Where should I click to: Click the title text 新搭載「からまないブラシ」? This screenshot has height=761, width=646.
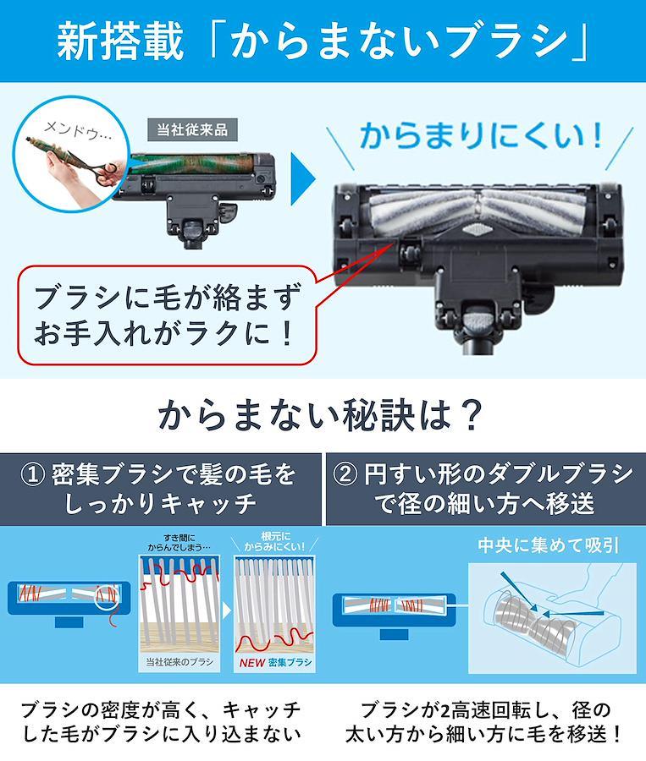coord(323,41)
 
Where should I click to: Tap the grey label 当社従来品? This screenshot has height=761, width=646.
coord(192,130)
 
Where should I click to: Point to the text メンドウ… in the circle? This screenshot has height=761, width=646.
coord(77,131)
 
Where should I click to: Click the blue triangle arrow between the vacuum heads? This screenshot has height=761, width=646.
coord(303,178)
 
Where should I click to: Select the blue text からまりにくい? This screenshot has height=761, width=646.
coord(481,135)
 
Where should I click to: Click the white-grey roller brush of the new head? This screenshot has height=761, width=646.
coord(476,211)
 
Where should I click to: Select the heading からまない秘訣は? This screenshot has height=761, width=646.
coord(320,415)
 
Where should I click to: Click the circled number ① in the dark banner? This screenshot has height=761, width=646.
coord(34,474)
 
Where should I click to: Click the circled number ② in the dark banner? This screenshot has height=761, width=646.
coord(345,474)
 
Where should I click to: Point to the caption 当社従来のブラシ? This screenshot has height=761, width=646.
coord(179,661)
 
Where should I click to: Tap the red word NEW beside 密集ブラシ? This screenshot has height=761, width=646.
coord(252,662)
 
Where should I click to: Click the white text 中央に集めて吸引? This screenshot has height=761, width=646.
coord(549,545)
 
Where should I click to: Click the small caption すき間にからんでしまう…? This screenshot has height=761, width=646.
coord(179,542)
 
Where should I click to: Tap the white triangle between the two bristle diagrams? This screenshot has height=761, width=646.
coord(226,610)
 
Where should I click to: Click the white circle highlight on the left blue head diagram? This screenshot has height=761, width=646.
coord(107,595)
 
